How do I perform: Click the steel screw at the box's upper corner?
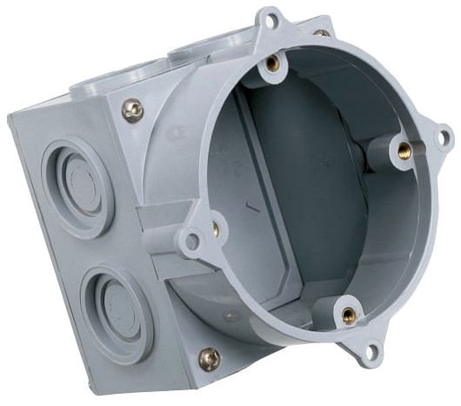(132, 109)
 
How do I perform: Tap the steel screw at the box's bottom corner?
(209, 357)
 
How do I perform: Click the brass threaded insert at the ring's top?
(273, 62)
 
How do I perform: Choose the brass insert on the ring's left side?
(215, 230)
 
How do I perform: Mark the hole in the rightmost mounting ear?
(442, 137)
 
